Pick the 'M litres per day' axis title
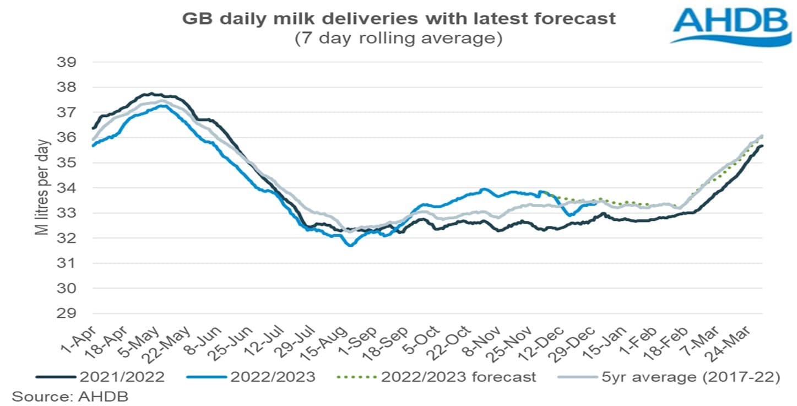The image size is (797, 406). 43,188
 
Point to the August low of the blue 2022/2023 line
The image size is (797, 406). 350,245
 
